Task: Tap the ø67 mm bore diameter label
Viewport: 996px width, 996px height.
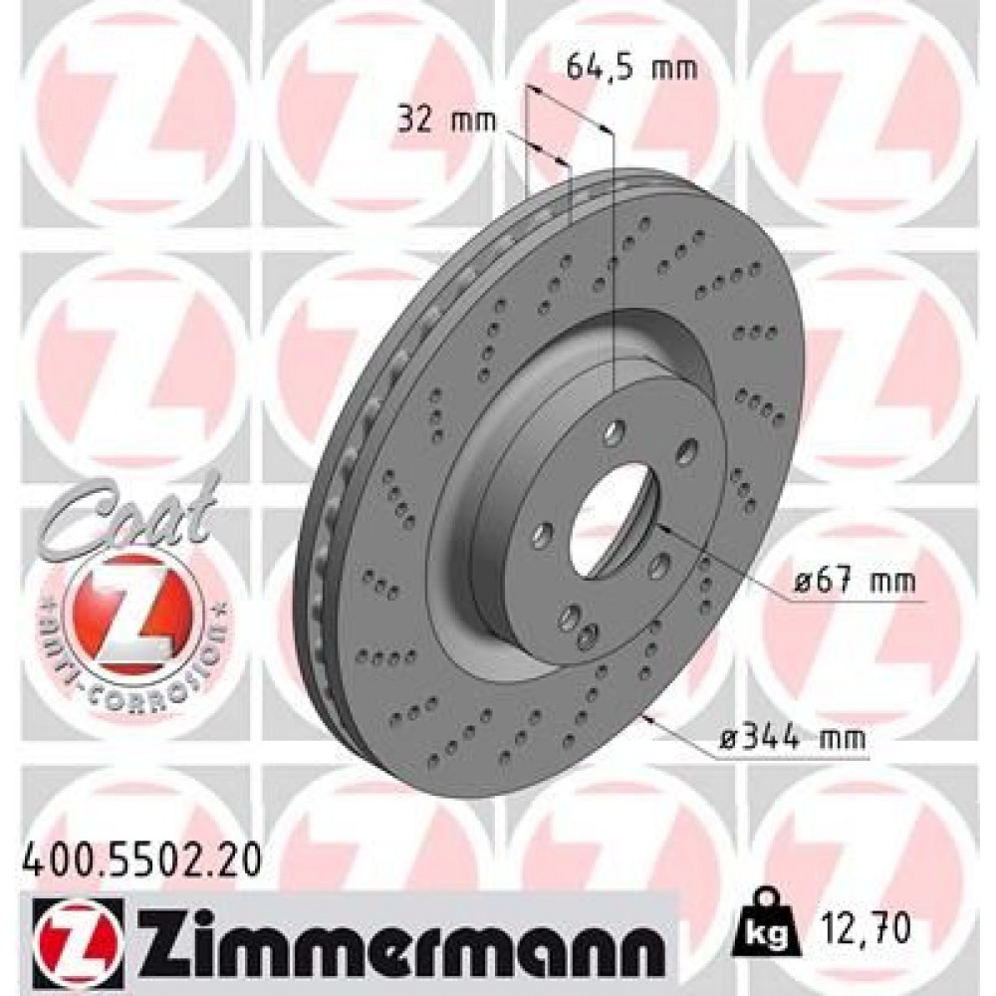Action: (x=854, y=581)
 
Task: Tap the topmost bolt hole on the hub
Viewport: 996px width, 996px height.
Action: (x=615, y=430)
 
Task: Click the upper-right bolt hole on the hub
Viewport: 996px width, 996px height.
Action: (x=685, y=452)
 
